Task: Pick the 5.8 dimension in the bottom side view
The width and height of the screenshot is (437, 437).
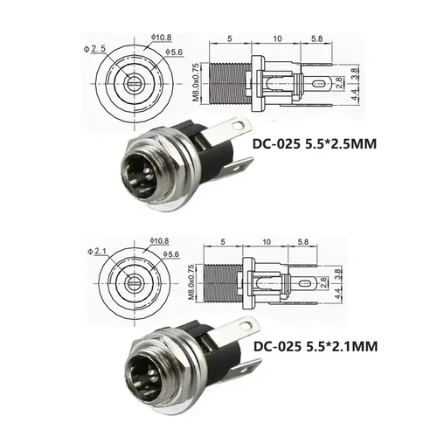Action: tap(303, 240)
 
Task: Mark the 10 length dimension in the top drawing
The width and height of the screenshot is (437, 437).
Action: tap(276, 38)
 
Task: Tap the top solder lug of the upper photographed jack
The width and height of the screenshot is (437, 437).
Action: tap(219, 128)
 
